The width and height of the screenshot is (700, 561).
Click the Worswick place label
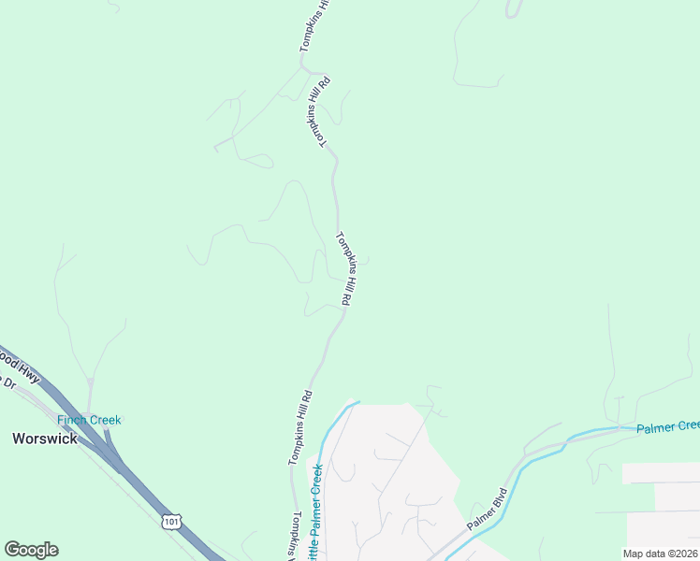(x=44, y=438)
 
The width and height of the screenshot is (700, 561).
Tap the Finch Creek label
(x=89, y=420)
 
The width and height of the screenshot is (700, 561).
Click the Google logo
(x=31, y=550)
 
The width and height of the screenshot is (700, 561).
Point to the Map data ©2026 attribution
(x=660, y=554)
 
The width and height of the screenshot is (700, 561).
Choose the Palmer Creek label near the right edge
(x=668, y=426)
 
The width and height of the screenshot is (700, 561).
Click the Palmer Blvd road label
(x=488, y=510)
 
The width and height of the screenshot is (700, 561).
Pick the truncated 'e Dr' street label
(x=7, y=381)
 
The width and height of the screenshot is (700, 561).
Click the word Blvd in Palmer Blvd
(x=500, y=497)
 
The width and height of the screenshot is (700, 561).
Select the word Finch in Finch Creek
(x=71, y=420)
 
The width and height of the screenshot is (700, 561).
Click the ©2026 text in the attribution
(x=682, y=554)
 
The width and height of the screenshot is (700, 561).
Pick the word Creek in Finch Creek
(x=105, y=420)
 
